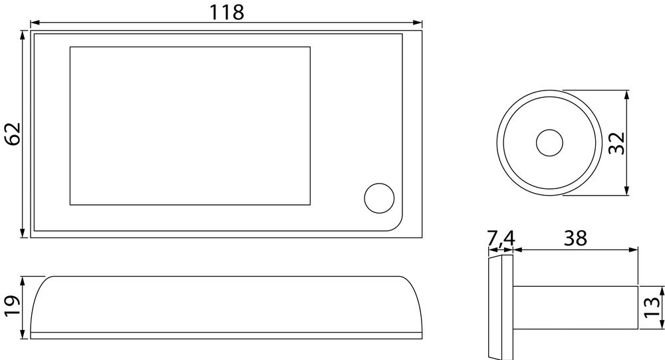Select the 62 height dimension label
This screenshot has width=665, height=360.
(13, 134)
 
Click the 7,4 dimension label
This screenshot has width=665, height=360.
(501, 238)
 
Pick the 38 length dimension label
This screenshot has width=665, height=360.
(575, 238)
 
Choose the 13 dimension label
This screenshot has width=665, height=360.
(654, 307)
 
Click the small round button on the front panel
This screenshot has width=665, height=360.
(379, 198)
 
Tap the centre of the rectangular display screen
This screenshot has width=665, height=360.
(190, 126)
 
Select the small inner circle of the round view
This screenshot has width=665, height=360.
(549, 143)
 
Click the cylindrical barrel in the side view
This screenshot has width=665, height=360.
(575, 307)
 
